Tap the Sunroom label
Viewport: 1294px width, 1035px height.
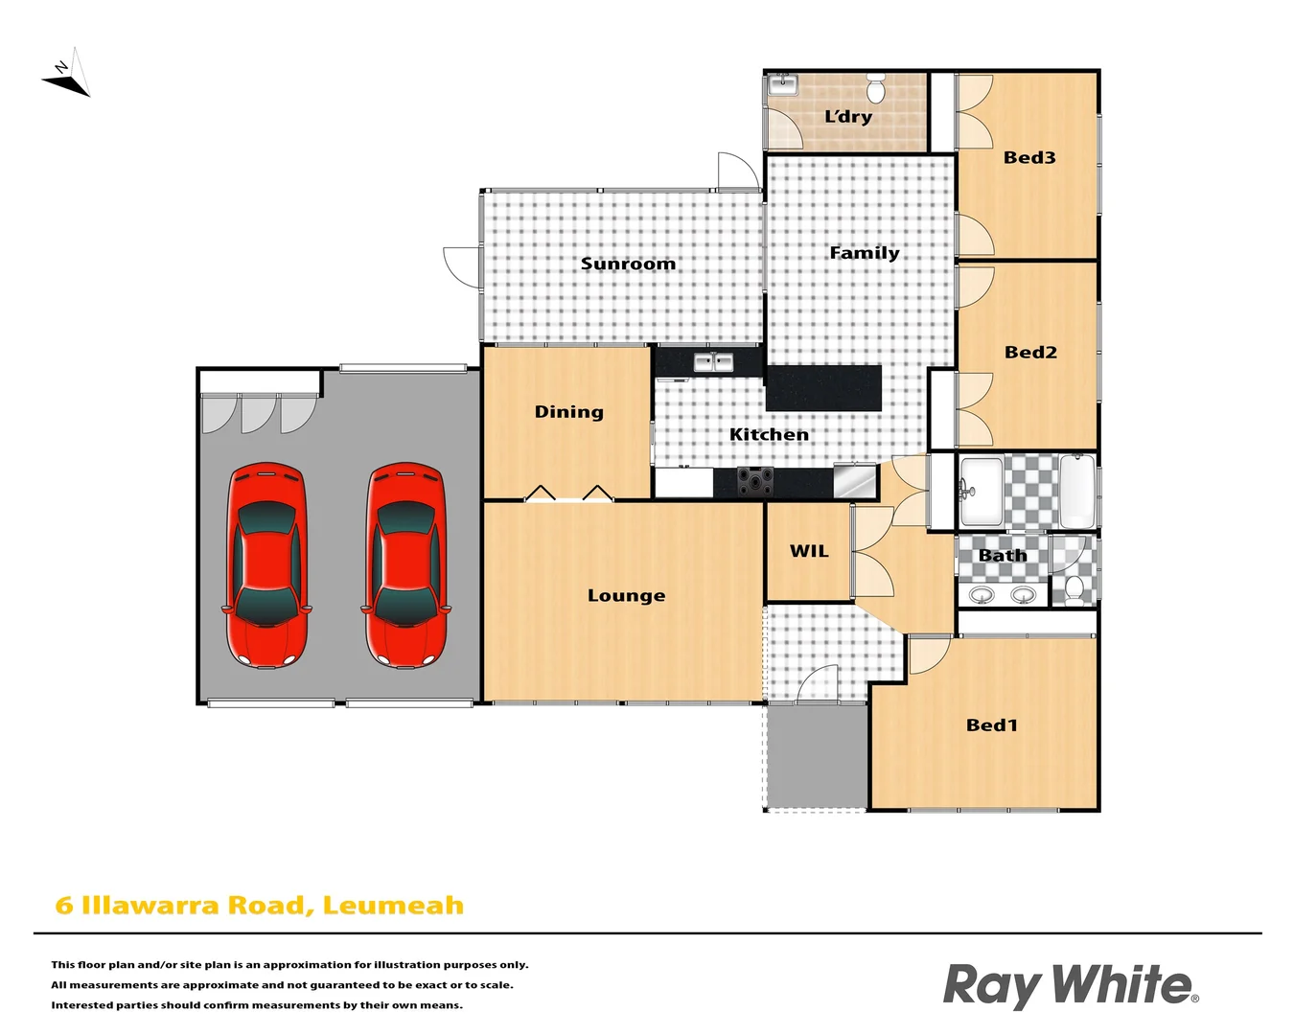(x=628, y=264)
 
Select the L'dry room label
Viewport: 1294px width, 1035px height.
(x=848, y=117)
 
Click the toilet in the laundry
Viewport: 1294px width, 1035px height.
(x=875, y=88)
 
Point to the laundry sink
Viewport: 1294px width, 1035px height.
(x=783, y=84)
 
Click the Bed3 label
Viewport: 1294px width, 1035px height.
(x=1029, y=158)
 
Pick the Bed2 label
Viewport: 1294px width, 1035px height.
(x=1030, y=353)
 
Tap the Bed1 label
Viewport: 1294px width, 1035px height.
(x=992, y=725)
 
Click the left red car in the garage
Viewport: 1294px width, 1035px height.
(x=266, y=565)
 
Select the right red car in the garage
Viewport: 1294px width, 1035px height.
(x=405, y=565)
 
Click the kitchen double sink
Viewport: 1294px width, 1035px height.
(x=713, y=362)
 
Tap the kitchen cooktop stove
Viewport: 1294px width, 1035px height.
(x=755, y=480)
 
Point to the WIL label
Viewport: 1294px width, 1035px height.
(x=809, y=551)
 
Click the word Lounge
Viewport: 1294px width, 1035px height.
(x=626, y=596)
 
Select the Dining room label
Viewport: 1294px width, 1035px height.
(x=568, y=412)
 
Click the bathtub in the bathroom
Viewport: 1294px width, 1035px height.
(x=1077, y=491)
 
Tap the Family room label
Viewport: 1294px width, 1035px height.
(x=864, y=253)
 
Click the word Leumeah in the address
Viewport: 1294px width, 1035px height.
(x=393, y=906)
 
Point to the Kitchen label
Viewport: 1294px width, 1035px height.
(x=769, y=435)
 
